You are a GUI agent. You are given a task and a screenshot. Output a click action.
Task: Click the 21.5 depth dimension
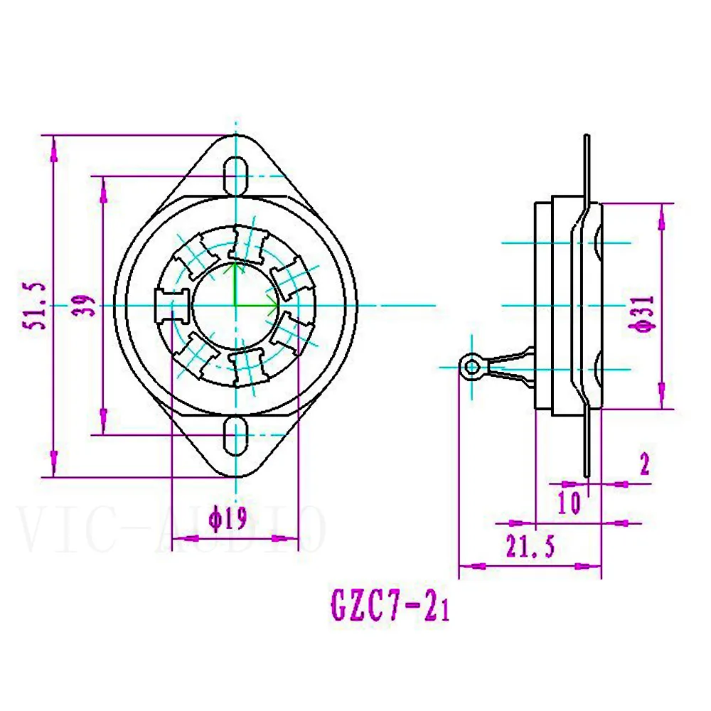click(530, 547)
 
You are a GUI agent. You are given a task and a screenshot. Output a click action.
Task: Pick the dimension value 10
click(570, 502)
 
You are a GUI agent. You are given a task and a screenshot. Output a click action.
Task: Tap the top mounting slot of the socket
click(236, 173)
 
